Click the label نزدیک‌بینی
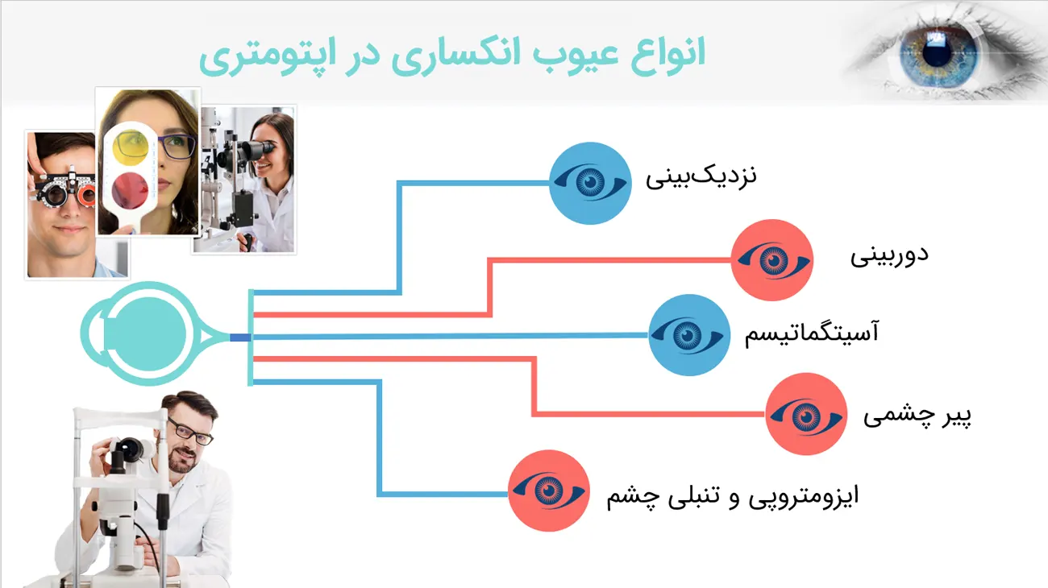tap(701, 177)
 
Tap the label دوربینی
tap(889, 255)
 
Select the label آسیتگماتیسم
tap(812, 333)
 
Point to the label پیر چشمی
tap(917, 416)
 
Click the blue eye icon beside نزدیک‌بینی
tap(590, 183)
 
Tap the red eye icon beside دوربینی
tap(772, 260)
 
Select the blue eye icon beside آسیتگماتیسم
tap(689, 335)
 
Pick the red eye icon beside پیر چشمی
tap(806, 414)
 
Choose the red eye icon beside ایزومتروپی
tap(549, 491)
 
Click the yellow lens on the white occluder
tap(131, 147)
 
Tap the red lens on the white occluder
tap(130, 191)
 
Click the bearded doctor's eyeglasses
tap(189, 430)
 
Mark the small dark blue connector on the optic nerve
tap(240, 337)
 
